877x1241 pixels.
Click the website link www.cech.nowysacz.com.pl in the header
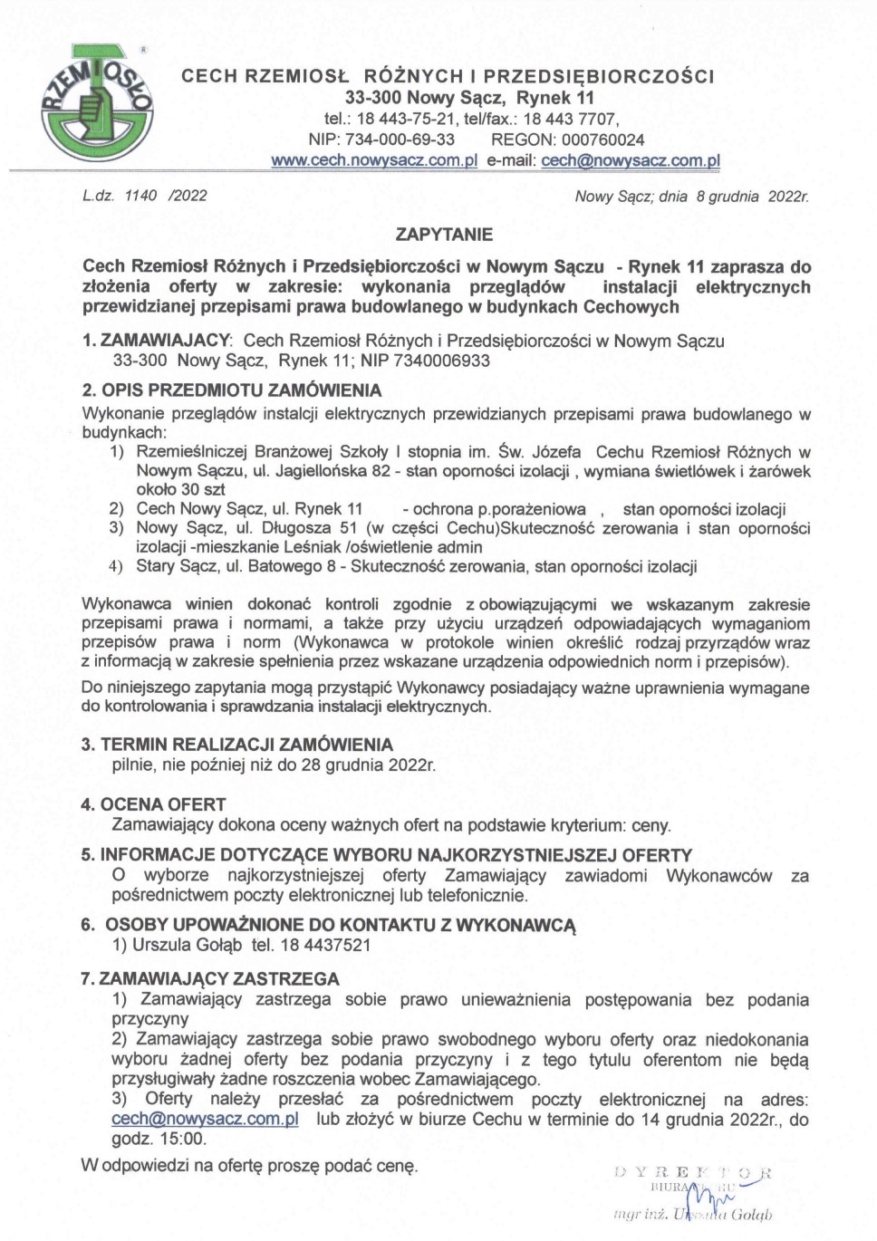pyautogui.click(x=374, y=160)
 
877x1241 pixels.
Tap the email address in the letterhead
pyautogui.click(x=631, y=160)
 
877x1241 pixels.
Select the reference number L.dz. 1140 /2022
pyautogui.click(x=144, y=196)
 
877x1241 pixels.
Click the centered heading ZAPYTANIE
pyautogui.click(x=444, y=235)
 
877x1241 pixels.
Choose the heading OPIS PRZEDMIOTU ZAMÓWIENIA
pyautogui.click(x=241, y=390)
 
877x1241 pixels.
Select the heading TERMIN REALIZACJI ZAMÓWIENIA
pyautogui.click(x=246, y=745)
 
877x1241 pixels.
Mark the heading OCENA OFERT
pyautogui.click(x=163, y=804)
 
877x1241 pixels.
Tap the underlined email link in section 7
pyautogui.click(x=205, y=1119)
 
